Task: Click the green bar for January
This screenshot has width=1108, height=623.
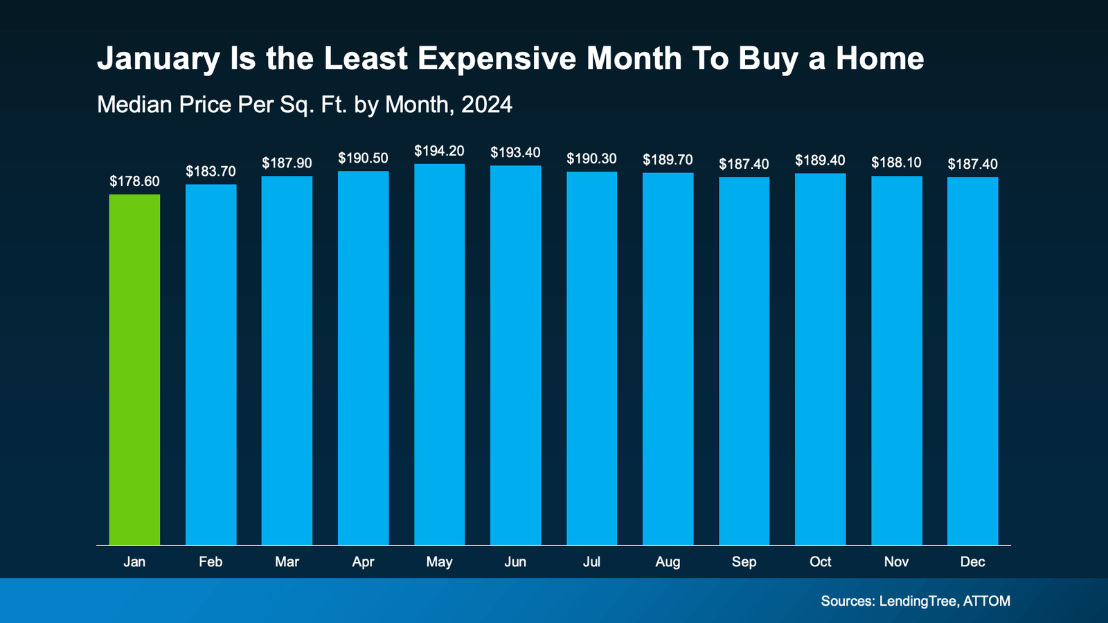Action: coord(134,370)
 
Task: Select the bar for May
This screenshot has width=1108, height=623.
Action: coord(439,354)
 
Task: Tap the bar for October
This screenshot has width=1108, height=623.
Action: coord(820,359)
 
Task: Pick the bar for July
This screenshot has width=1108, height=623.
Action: coord(591,359)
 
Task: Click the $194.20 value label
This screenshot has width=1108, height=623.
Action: coord(439,151)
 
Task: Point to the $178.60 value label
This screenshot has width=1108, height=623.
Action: coord(134,181)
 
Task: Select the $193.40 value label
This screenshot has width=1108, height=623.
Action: coord(515,152)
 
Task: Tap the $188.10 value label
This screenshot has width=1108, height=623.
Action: coord(896,163)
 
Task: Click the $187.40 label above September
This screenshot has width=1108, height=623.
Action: coord(744,164)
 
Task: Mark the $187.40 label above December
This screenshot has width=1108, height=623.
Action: coord(972,164)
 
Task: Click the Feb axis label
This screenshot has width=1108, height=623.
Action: coord(211,562)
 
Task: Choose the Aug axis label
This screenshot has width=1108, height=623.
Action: coord(668,562)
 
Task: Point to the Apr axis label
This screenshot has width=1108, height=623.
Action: coord(363,562)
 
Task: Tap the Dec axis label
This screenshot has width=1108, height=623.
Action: coord(972,562)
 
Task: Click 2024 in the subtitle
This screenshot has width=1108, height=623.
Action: coord(487,105)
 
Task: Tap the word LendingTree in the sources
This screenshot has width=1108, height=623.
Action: coord(918,601)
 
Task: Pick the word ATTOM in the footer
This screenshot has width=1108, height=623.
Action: coord(987,601)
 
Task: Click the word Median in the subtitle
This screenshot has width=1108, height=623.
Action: coord(134,105)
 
